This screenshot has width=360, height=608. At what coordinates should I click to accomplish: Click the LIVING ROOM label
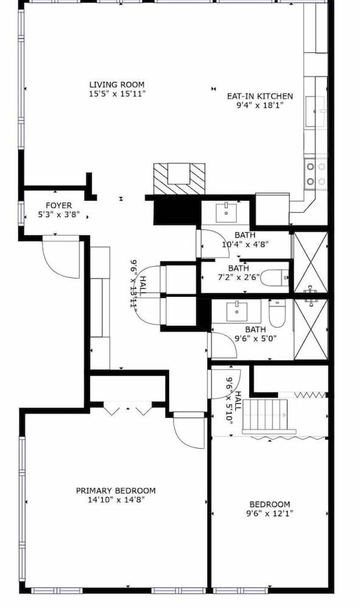(x=117, y=85)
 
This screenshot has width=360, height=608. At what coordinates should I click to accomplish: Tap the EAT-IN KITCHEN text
(x=260, y=96)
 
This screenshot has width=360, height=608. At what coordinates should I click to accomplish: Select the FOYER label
(x=59, y=206)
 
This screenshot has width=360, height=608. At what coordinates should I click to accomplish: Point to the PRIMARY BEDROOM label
(x=116, y=491)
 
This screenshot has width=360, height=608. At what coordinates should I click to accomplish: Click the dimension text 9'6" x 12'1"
(x=269, y=514)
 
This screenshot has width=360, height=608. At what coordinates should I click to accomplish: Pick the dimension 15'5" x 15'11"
(x=117, y=94)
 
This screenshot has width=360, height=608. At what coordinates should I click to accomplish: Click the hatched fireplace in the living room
(x=179, y=178)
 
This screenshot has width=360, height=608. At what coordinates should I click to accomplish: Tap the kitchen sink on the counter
(x=315, y=111)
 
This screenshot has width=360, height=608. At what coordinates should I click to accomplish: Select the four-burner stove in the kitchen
(x=315, y=172)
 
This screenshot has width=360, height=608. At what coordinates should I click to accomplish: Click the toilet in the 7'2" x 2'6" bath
(x=279, y=279)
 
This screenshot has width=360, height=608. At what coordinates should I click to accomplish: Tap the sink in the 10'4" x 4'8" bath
(x=227, y=212)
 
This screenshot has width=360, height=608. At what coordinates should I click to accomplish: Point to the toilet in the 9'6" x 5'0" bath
(x=277, y=313)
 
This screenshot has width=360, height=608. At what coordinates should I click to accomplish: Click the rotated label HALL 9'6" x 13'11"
(x=138, y=283)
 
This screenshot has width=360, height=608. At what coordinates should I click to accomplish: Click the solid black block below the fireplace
(x=176, y=212)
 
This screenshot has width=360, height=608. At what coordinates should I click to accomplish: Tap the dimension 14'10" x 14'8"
(x=116, y=500)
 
